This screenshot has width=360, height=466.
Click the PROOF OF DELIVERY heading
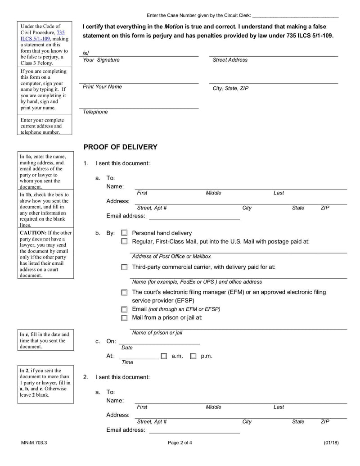120,147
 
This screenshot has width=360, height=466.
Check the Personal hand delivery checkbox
124,233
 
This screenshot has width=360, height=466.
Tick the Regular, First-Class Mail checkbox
124,241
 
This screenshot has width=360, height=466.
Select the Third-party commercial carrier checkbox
124,267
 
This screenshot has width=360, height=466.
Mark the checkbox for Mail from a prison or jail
124,318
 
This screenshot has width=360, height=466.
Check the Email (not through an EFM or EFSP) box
124,309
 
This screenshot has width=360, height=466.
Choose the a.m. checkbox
164,356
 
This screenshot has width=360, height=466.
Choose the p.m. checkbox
193,356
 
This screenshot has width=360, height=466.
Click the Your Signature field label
101,60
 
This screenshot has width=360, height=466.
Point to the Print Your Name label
102,86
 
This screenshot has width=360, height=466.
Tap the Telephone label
95,112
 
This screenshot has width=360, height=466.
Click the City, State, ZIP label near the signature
230,89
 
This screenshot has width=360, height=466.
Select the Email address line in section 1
194,216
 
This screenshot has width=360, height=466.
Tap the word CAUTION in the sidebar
33,233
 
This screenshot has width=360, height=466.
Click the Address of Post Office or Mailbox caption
171,256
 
